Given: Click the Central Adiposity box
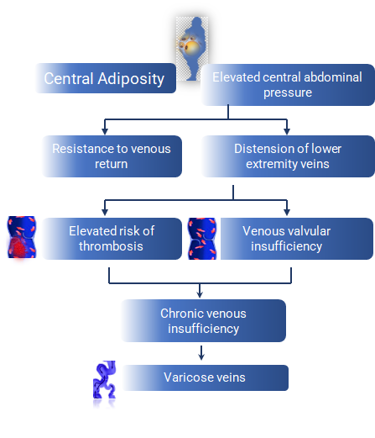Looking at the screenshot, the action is click(106, 78).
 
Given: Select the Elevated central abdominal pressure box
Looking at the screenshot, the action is click(288, 85).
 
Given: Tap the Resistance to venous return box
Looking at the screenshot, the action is click(112, 156).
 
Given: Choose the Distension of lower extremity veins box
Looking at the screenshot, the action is click(288, 156).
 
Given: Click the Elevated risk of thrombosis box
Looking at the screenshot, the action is click(112, 239).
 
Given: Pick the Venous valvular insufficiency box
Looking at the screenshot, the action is click(297, 239).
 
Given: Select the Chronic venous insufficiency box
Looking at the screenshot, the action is click(204, 321).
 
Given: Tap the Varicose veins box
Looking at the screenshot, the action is click(205, 377).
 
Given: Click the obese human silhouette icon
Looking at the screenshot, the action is click(192, 49).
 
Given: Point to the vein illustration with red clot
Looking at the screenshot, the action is click(22, 237).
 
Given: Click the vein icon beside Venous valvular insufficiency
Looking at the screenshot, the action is click(202, 239).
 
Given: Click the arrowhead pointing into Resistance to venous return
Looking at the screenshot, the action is click(105, 131).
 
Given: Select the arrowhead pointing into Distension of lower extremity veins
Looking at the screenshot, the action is click(287, 131).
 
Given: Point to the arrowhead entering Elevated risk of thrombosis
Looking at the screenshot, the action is click(105, 212).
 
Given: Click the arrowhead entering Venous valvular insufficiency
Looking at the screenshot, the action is click(287, 212).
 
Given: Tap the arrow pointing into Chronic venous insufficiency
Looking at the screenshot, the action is click(200, 291).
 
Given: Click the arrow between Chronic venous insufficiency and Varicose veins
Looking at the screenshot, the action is click(201, 353).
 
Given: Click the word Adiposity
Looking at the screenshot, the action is click(131, 79).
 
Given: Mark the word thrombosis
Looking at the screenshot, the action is click(111, 246).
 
